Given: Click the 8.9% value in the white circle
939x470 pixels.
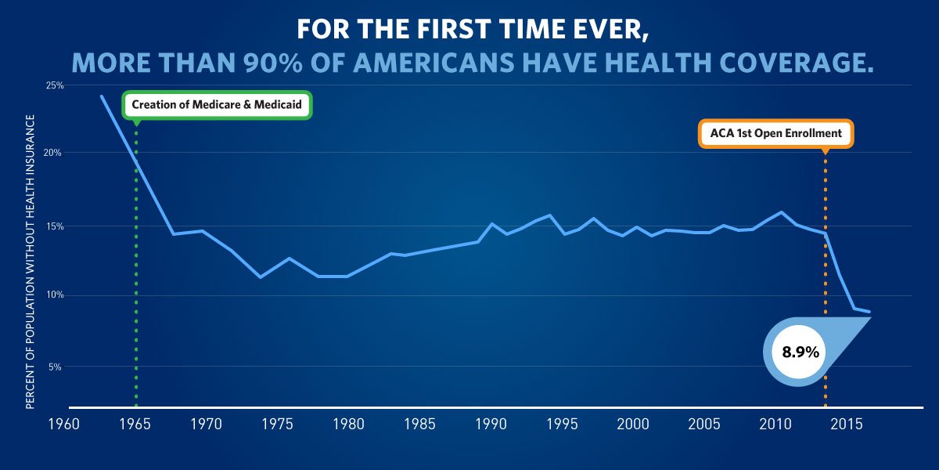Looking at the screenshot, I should [x=800, y=352].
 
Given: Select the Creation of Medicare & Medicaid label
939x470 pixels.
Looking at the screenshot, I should [x=218, y=104].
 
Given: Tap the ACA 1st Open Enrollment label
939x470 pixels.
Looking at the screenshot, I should [x=775, y=133].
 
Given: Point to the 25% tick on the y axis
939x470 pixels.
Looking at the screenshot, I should [x=54, y=85].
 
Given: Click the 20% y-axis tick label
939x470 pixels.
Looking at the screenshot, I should [x=54, y=153].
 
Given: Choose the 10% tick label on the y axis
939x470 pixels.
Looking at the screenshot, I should [x=54, y=295].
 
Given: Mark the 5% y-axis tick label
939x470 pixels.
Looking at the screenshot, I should [x=56, y=367].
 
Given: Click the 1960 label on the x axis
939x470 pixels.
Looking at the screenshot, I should [x=63, y=425].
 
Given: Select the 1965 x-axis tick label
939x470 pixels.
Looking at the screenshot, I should [x=135, y=425].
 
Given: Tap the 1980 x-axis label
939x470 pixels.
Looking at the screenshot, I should [x=348, y=425].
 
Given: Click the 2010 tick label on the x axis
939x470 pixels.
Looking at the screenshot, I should [x=775, y=425].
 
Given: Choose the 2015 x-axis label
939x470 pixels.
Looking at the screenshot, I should [x=847, y=425].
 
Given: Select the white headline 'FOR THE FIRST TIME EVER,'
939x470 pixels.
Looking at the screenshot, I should [x=469, y=30].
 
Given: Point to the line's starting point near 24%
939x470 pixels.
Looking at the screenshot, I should [x=102, y=96].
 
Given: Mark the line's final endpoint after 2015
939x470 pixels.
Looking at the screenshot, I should [x=869, y=312].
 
